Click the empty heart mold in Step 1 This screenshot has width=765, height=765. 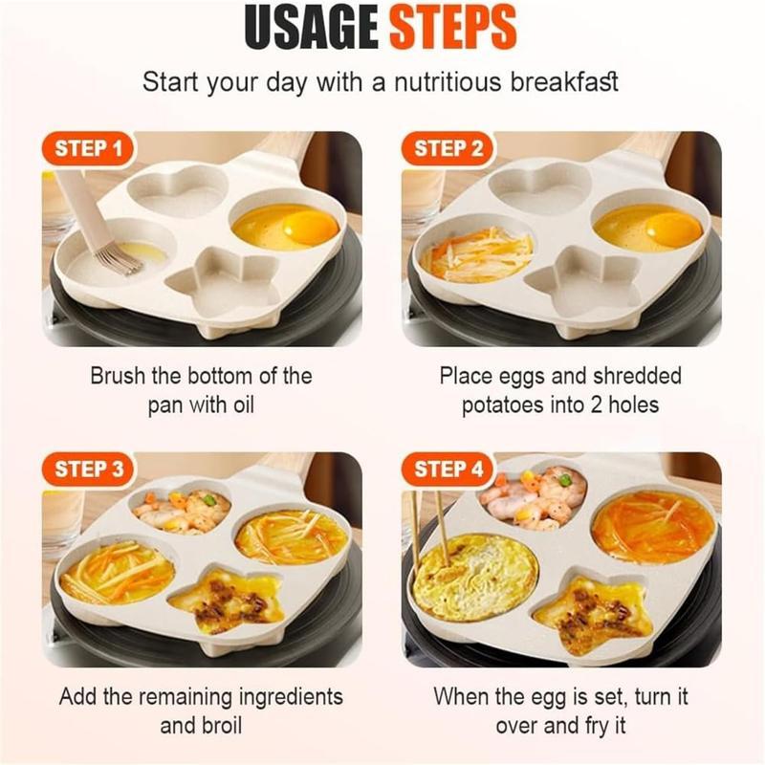(179, 190)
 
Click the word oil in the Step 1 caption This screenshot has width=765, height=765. (239, 404)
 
